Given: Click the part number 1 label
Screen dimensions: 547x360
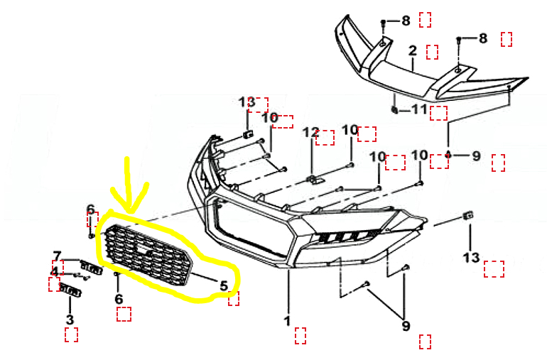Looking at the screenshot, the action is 287,321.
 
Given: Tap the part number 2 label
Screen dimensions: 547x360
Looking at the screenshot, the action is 413,50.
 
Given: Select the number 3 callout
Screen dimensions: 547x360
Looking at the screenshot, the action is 70,320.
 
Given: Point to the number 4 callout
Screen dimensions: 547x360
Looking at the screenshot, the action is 55,272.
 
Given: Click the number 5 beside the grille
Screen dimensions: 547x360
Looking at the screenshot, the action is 224,285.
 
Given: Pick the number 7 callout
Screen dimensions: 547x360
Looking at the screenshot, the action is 58,256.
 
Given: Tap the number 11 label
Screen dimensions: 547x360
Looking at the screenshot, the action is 420,109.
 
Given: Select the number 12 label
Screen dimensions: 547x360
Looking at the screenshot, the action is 311,132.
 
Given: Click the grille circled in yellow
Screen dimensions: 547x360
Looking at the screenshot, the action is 146,256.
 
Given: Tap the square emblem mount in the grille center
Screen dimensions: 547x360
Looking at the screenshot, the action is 142,250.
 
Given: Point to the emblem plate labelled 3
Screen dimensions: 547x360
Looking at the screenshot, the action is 70,290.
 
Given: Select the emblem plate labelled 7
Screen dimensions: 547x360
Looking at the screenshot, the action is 92,267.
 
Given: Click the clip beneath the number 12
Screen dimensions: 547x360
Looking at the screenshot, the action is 315,180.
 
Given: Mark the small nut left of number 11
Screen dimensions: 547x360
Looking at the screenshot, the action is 394,110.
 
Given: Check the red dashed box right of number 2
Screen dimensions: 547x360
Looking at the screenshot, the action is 432,52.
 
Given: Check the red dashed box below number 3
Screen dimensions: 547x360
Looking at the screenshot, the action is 71,334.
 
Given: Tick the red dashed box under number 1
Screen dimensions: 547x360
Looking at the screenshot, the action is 300,336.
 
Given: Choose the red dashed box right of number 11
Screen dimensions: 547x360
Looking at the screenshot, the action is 438,114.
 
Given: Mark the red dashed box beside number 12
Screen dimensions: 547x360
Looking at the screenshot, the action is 325,138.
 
